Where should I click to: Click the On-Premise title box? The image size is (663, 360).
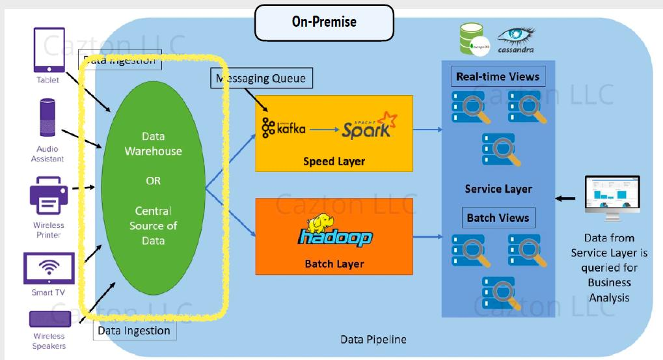(x=324, y=22)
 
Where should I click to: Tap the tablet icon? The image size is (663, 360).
(x=49, y=49)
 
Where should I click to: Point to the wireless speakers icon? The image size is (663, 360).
(x=49, y=319)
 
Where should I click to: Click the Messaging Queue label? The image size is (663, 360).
(x=262, y=79)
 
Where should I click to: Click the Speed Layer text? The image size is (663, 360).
(x=334, y=161)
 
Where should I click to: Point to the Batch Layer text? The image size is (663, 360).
(x=334, y=264)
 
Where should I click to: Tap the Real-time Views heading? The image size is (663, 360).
(x=498, y=77)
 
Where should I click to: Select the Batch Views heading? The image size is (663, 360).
(x=498, y=218)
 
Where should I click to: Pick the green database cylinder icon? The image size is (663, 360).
(x=473, y=38)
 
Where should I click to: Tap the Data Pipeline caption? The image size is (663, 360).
(x=373, y=340)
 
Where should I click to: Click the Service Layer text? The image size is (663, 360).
(x=498, y=189)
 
